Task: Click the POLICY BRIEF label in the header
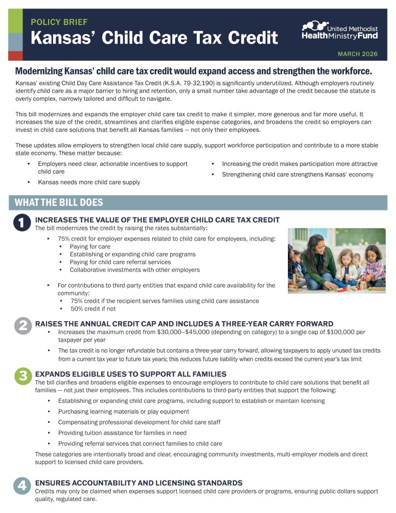pos(59,22)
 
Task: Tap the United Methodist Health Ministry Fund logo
pos(340,31)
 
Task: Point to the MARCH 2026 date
pos(357,54)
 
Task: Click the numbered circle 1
pos(22,223)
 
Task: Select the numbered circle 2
pos(22,326)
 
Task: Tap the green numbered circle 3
pos(22,377)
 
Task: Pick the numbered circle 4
pos(22,486)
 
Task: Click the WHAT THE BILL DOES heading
pos(59,202)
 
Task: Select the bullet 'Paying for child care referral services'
pos(120,262)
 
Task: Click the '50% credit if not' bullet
pos(93,309)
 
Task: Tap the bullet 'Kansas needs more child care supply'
pos(89,182)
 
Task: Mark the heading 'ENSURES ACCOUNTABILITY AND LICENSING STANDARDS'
pos(139,483)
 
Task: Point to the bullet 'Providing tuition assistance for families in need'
pos(129,433)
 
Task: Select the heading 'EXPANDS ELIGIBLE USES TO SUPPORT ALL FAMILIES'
pos(131,374)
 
